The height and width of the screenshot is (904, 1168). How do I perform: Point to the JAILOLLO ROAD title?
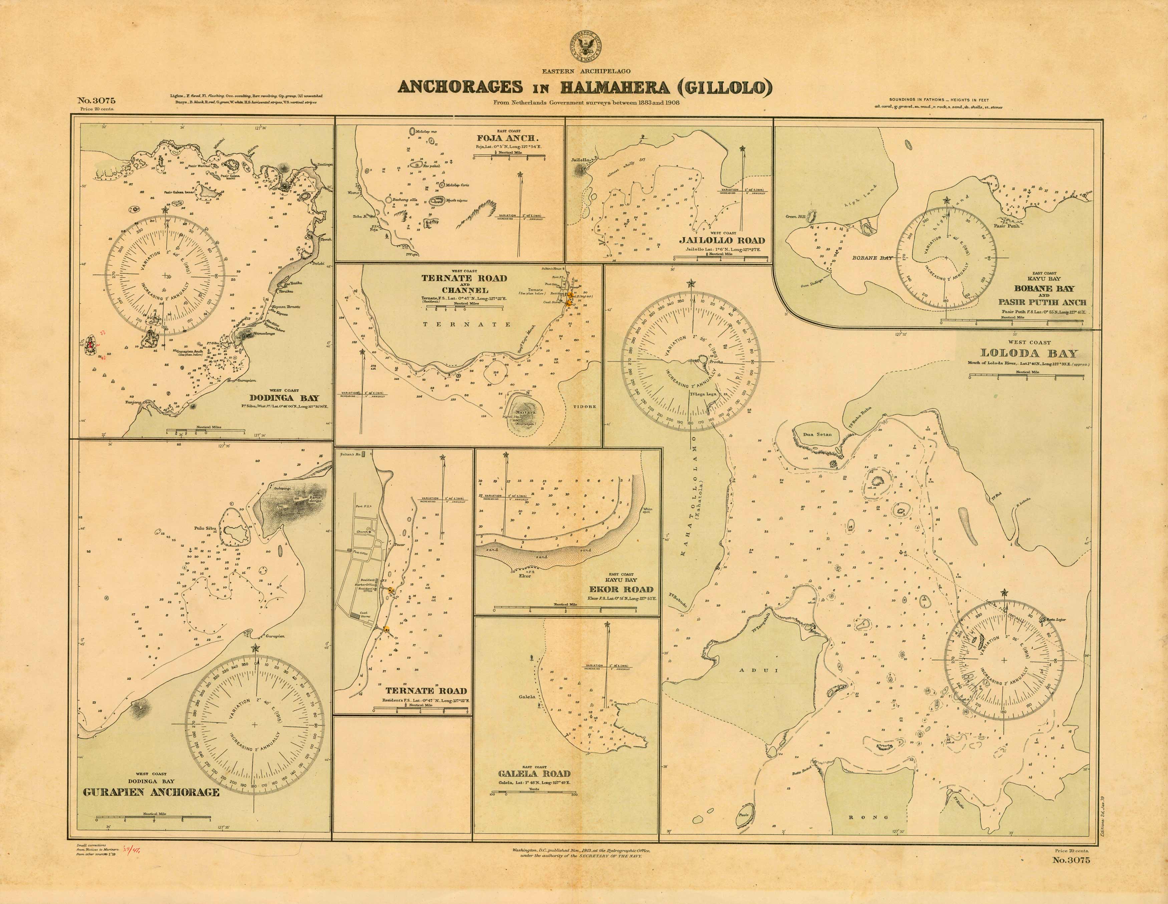click(x=721, y=240)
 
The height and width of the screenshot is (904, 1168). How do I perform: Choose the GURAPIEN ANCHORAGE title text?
click(x=152, y=792)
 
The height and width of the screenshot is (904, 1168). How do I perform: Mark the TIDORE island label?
click(x=585, y=406)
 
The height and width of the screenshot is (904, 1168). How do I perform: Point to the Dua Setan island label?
click(x=817, y=434)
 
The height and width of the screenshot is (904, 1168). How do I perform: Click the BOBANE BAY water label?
click(x=872, y=258)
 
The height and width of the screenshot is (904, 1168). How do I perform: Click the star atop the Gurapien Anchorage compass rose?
click(x=255, y=649)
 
